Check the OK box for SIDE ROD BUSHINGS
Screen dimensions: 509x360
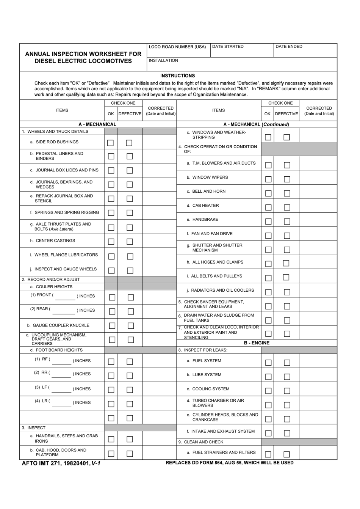point(110,143)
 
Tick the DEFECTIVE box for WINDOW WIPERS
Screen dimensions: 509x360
point(287,179)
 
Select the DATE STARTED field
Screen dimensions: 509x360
point(241,51)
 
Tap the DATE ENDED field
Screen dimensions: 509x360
point(305,51)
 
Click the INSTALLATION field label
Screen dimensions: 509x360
point(163,61)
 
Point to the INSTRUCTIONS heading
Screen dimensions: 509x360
point(178,75)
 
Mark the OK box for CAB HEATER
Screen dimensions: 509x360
point(268,207)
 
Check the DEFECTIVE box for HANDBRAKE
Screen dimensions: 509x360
point(287,222)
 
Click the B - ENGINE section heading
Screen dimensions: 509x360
point(257,343)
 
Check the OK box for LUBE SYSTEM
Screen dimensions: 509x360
point(268,377)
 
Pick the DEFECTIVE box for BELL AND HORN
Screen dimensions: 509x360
point(287,193)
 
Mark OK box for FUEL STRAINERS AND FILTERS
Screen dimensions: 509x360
point(268,454)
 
